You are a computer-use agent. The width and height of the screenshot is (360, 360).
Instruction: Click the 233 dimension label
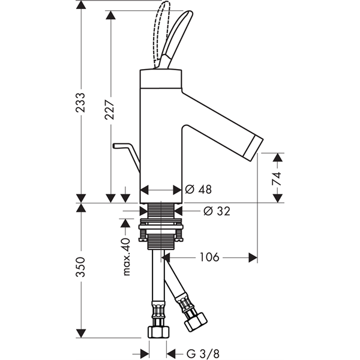[x=80, y=103]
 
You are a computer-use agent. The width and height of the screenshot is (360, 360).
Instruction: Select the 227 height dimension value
[x=110, y=110]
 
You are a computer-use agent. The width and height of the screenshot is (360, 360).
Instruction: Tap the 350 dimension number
[x=80, y=267]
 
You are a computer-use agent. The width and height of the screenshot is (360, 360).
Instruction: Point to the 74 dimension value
[x=277, y=178]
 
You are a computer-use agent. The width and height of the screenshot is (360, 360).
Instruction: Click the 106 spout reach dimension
[x=209, y=257]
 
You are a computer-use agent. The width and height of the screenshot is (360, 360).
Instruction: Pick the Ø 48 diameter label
[x=199, y=190]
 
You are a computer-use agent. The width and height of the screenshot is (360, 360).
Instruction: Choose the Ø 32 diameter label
[x=217, y=211]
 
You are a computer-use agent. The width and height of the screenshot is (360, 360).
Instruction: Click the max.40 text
[x=127, y=257]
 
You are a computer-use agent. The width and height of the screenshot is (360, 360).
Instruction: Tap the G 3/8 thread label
[x=203, y=353]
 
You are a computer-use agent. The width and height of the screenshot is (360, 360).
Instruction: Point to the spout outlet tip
[x=254, y=149]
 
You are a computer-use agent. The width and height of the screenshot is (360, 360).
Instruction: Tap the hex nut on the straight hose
[x=158, y=332]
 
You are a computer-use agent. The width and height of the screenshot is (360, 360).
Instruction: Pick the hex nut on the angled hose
[x=196, y=322]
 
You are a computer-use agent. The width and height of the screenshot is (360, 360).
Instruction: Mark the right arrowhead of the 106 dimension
[x=253, y=257]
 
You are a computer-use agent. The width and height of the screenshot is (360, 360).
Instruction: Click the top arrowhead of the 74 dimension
[x=278, y=157]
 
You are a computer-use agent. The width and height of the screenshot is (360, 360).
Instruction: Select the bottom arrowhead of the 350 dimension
[x=81, y=334]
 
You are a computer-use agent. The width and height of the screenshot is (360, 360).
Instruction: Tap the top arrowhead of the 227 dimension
[x=110, y=15]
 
